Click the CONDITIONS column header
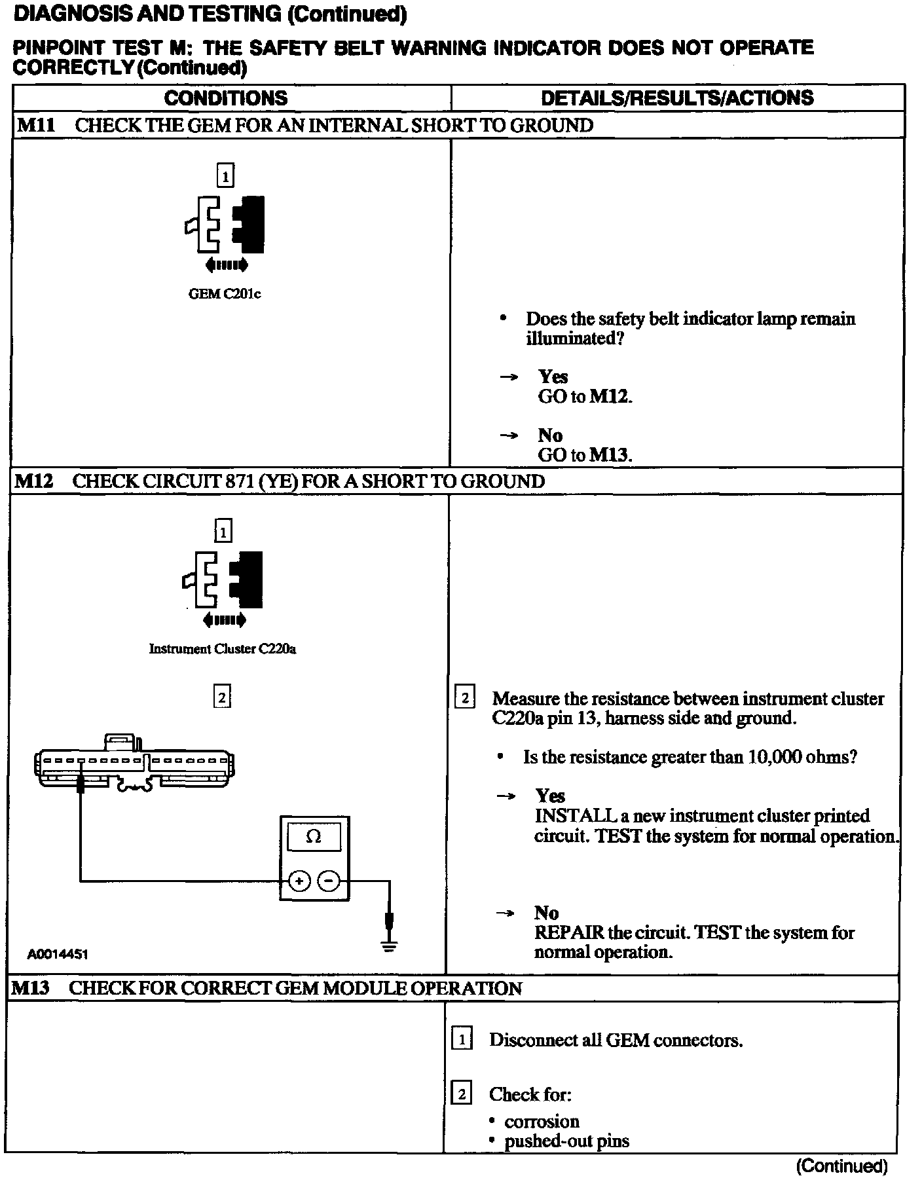[x=225, y=98]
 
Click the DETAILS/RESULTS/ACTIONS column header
[x=677, y=98]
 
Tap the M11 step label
[x=35, y=125]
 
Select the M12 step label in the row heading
[x=33, y=481]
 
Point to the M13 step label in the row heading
[x=31, y=988]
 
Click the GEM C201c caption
[x=225, y=294]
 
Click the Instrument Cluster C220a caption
[x=222, y=650]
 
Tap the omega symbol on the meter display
[x=314, y=837]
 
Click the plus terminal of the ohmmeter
[x=299, y=881]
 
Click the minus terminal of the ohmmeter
[x=329, y=881]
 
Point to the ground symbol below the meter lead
[x=390, y=946]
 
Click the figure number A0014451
[x=58, y=954]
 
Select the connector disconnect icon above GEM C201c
[x=225, y=226]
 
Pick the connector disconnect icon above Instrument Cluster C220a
[x=223, y=581]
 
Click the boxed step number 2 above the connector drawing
[x=222, y=696]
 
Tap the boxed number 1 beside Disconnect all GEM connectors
[x=462, y=1039]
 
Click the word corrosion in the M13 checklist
[x=542, y=1121]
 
